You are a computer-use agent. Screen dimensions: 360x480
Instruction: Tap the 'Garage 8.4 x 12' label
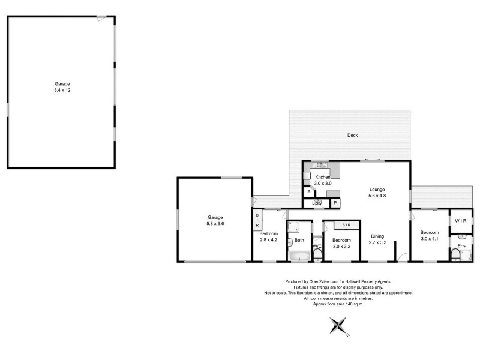click(63, 86)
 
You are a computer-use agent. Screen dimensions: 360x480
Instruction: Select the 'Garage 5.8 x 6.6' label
click(215, 220)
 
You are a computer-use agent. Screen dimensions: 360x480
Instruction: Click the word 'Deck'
click(352, 135)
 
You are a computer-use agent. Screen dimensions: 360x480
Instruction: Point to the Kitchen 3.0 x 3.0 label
click(323, 180)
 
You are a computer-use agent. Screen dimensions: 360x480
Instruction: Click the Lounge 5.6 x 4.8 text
click(377, 193)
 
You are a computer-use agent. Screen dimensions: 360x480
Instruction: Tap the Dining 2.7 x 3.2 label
click(377, 239)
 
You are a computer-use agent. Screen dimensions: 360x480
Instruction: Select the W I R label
click(461, 221)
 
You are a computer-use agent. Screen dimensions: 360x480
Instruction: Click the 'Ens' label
click(461, 246)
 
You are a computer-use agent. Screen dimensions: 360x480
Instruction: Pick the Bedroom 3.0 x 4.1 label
click(430, 236)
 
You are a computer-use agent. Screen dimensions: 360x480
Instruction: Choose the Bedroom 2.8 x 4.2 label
click(268, 236)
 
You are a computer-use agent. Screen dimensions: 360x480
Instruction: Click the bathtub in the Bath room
click(298, 257)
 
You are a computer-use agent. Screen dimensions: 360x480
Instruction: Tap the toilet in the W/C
click(317, 256)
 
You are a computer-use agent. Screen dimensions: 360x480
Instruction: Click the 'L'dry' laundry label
click(317, 203)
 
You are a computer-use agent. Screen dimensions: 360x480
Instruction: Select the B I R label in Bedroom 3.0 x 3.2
click(346, 225)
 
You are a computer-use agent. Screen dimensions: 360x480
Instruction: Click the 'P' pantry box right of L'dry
click(334, 203)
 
